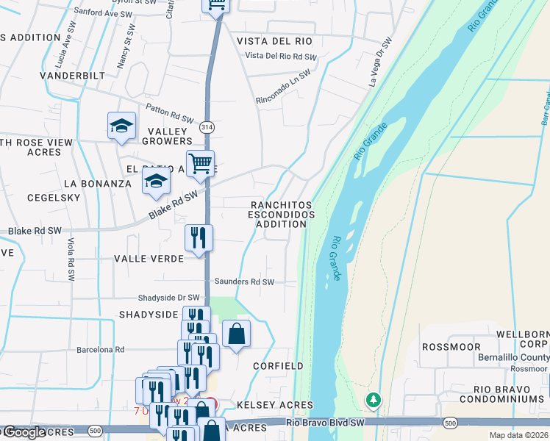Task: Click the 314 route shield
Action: coord(207,126)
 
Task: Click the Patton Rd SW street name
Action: coord(169,111)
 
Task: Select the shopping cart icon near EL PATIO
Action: coord(199,163)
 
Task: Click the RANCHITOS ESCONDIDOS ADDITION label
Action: coord(281,215)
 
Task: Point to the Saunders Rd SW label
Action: coord(244,282)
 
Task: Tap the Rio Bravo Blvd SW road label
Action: coord(324,423)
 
